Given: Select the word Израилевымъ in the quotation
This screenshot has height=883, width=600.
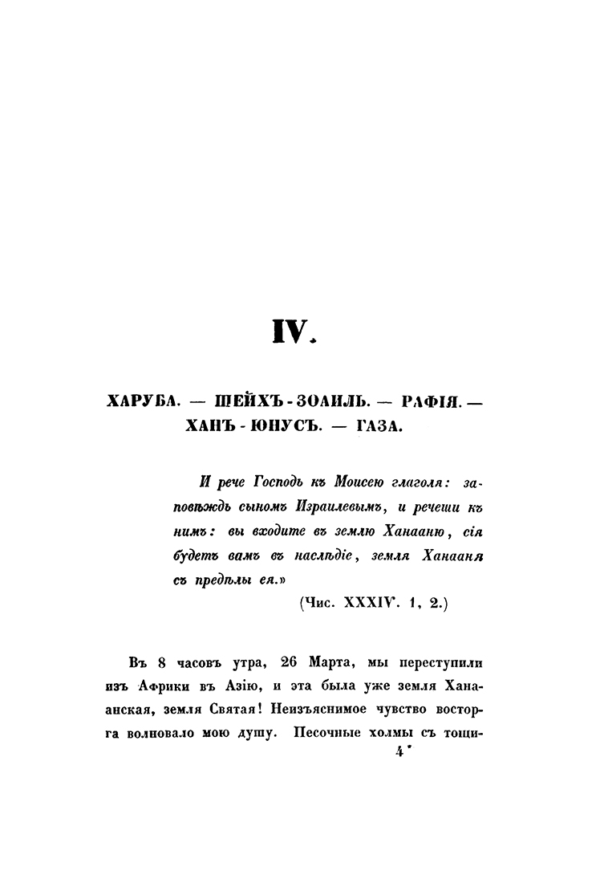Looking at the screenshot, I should [321, 507].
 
